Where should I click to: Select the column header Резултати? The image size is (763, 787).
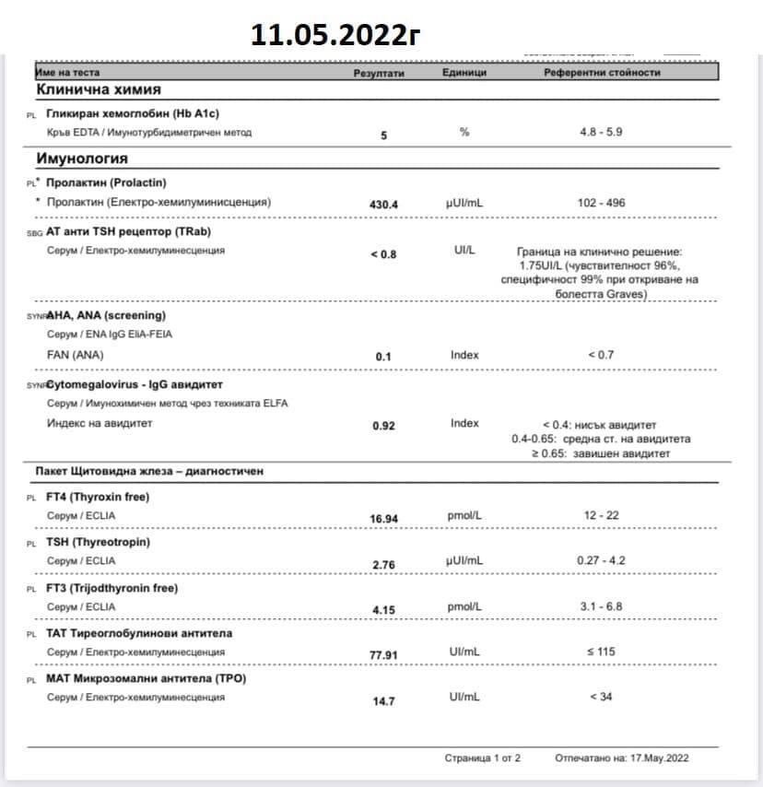pyautogui.click(x=380, y=73)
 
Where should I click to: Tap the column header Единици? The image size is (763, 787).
pyautogui.click(x=464, y=73)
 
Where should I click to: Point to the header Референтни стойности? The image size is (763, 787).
pyautogui.click(x=602, y=73)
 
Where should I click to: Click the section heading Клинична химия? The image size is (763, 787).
pyautogui.click(x=99, y=89)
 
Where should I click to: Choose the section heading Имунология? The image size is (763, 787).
pyautogui.click(x=82, y=159)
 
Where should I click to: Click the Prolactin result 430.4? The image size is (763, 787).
pyautogui.click(x=383, y=205)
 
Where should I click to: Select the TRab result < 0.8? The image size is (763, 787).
pyautogui.click(x=383, y=253)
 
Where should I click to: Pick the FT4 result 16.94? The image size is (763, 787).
pyautogui.click(x=383, y=519)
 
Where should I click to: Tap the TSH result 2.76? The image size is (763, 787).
pyautogui.click(x=383, y=564)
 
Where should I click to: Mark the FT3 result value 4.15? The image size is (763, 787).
pyautogui.click(x=383, y=609)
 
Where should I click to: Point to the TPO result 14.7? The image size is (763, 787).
pyautogui.click(x=383, y=701)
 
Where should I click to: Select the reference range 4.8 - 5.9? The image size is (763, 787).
pyautogui.click(x=601, y=133)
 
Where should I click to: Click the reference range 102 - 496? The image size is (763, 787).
pyautogui.click(x=601, y=203)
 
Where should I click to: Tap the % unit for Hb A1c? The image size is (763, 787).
pyautogui.click(x=464, y=133)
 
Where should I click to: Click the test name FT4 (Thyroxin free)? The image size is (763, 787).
pyautogui.click(x=98, y=498)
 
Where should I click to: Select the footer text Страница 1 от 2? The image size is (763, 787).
pyautogui.click(x=483, y=758)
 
